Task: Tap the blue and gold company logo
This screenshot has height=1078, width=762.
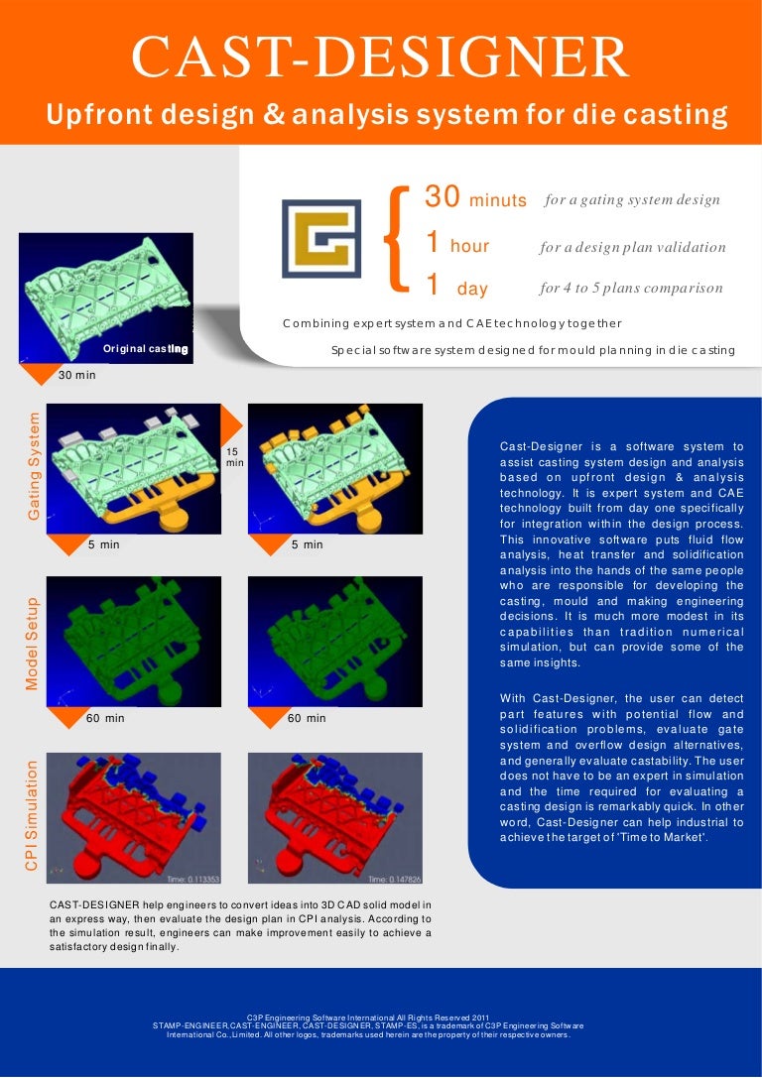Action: tap(320, 238)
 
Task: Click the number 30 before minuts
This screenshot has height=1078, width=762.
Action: tap(441, 197)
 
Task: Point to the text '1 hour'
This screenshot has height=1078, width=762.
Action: tap(457, 244)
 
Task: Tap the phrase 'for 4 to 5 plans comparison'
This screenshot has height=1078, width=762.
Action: tap(631, 289)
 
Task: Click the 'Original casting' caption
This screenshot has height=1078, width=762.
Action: tap(145, 349)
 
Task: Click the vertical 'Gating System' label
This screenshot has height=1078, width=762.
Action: tap(34, 466)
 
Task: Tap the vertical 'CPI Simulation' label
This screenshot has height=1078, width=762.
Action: tap(34, 816)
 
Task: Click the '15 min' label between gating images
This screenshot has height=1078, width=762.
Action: tap(234, 456)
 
